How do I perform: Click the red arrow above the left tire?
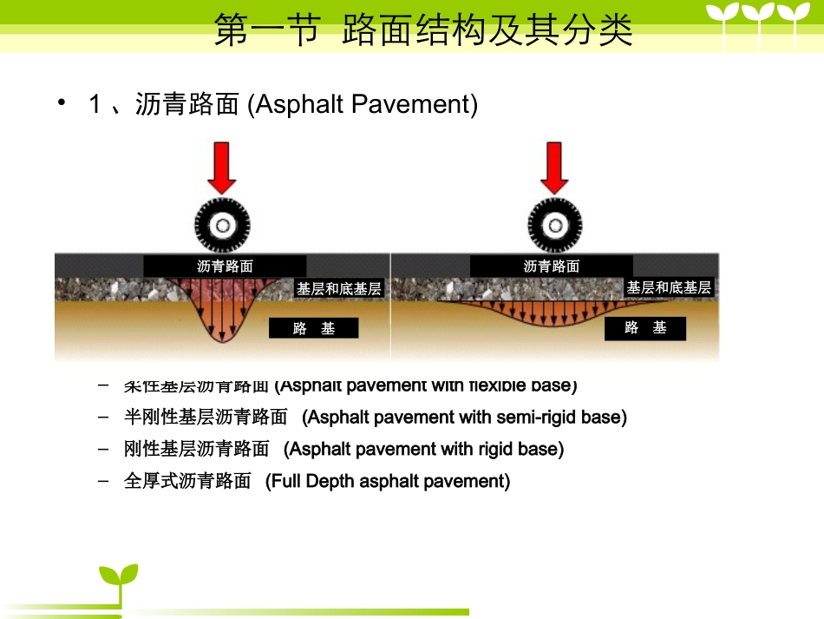[221, 167]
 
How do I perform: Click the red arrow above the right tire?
[554, 167]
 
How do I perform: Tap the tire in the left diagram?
[222, 226]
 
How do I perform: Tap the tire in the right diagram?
[554, 226]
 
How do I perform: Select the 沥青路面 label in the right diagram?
[551, 267]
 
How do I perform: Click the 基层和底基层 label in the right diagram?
[669, 287]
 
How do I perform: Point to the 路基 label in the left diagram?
[313, 328]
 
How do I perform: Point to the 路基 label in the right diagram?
[645, 328]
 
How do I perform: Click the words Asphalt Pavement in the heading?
[363, 105]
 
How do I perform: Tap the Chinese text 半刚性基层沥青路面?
[205, 418]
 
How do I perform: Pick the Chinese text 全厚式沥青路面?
[187, 481]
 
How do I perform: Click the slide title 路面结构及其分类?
[487, 30]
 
